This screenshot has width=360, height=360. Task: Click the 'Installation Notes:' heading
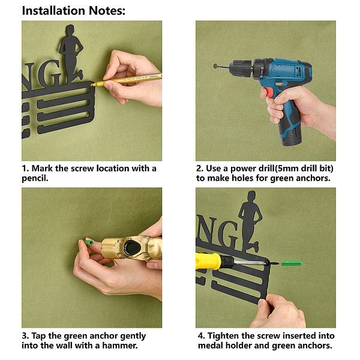(73, 11)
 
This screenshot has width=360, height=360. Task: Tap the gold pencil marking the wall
(126, 79)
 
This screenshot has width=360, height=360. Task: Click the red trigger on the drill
(268, 92)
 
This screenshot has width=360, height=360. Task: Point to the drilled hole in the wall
(215, 66)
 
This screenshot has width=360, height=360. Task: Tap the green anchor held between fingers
(88, 242)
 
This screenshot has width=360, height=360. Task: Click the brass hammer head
(131, 248)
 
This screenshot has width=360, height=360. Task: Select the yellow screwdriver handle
(208, 261)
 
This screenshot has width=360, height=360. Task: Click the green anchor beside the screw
(292, 263)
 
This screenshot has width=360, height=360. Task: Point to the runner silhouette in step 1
(71, 54)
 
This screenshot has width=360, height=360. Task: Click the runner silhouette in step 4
(250, 221)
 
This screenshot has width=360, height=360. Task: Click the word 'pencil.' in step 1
(35, 178)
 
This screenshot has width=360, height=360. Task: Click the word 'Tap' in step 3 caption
(38, 337)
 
